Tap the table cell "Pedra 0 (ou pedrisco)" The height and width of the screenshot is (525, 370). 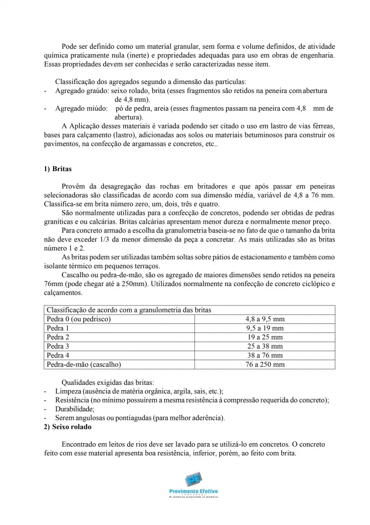tap(79, 319)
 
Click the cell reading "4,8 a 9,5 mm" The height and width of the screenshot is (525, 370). tap(265, 319)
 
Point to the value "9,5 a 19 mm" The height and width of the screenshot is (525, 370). tap(265, 328)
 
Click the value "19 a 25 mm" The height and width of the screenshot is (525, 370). tap(265, 337)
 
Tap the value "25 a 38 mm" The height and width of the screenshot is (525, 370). tap(265, 346)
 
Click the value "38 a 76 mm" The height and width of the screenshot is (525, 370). tap(265, 355)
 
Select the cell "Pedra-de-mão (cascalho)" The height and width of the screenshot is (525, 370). tap(84, 364)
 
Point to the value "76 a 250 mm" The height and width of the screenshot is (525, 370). tap(265, 364)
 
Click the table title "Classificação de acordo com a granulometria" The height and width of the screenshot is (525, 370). tap(129, 310)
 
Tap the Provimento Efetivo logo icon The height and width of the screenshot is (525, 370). tap(193, 480)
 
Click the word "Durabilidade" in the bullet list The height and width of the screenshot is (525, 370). tap(75, 409)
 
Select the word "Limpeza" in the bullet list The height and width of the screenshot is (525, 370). tap(68, 391)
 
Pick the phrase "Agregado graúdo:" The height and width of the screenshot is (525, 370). tap(79, 90)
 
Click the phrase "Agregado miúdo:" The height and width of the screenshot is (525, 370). tap(78, 108)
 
